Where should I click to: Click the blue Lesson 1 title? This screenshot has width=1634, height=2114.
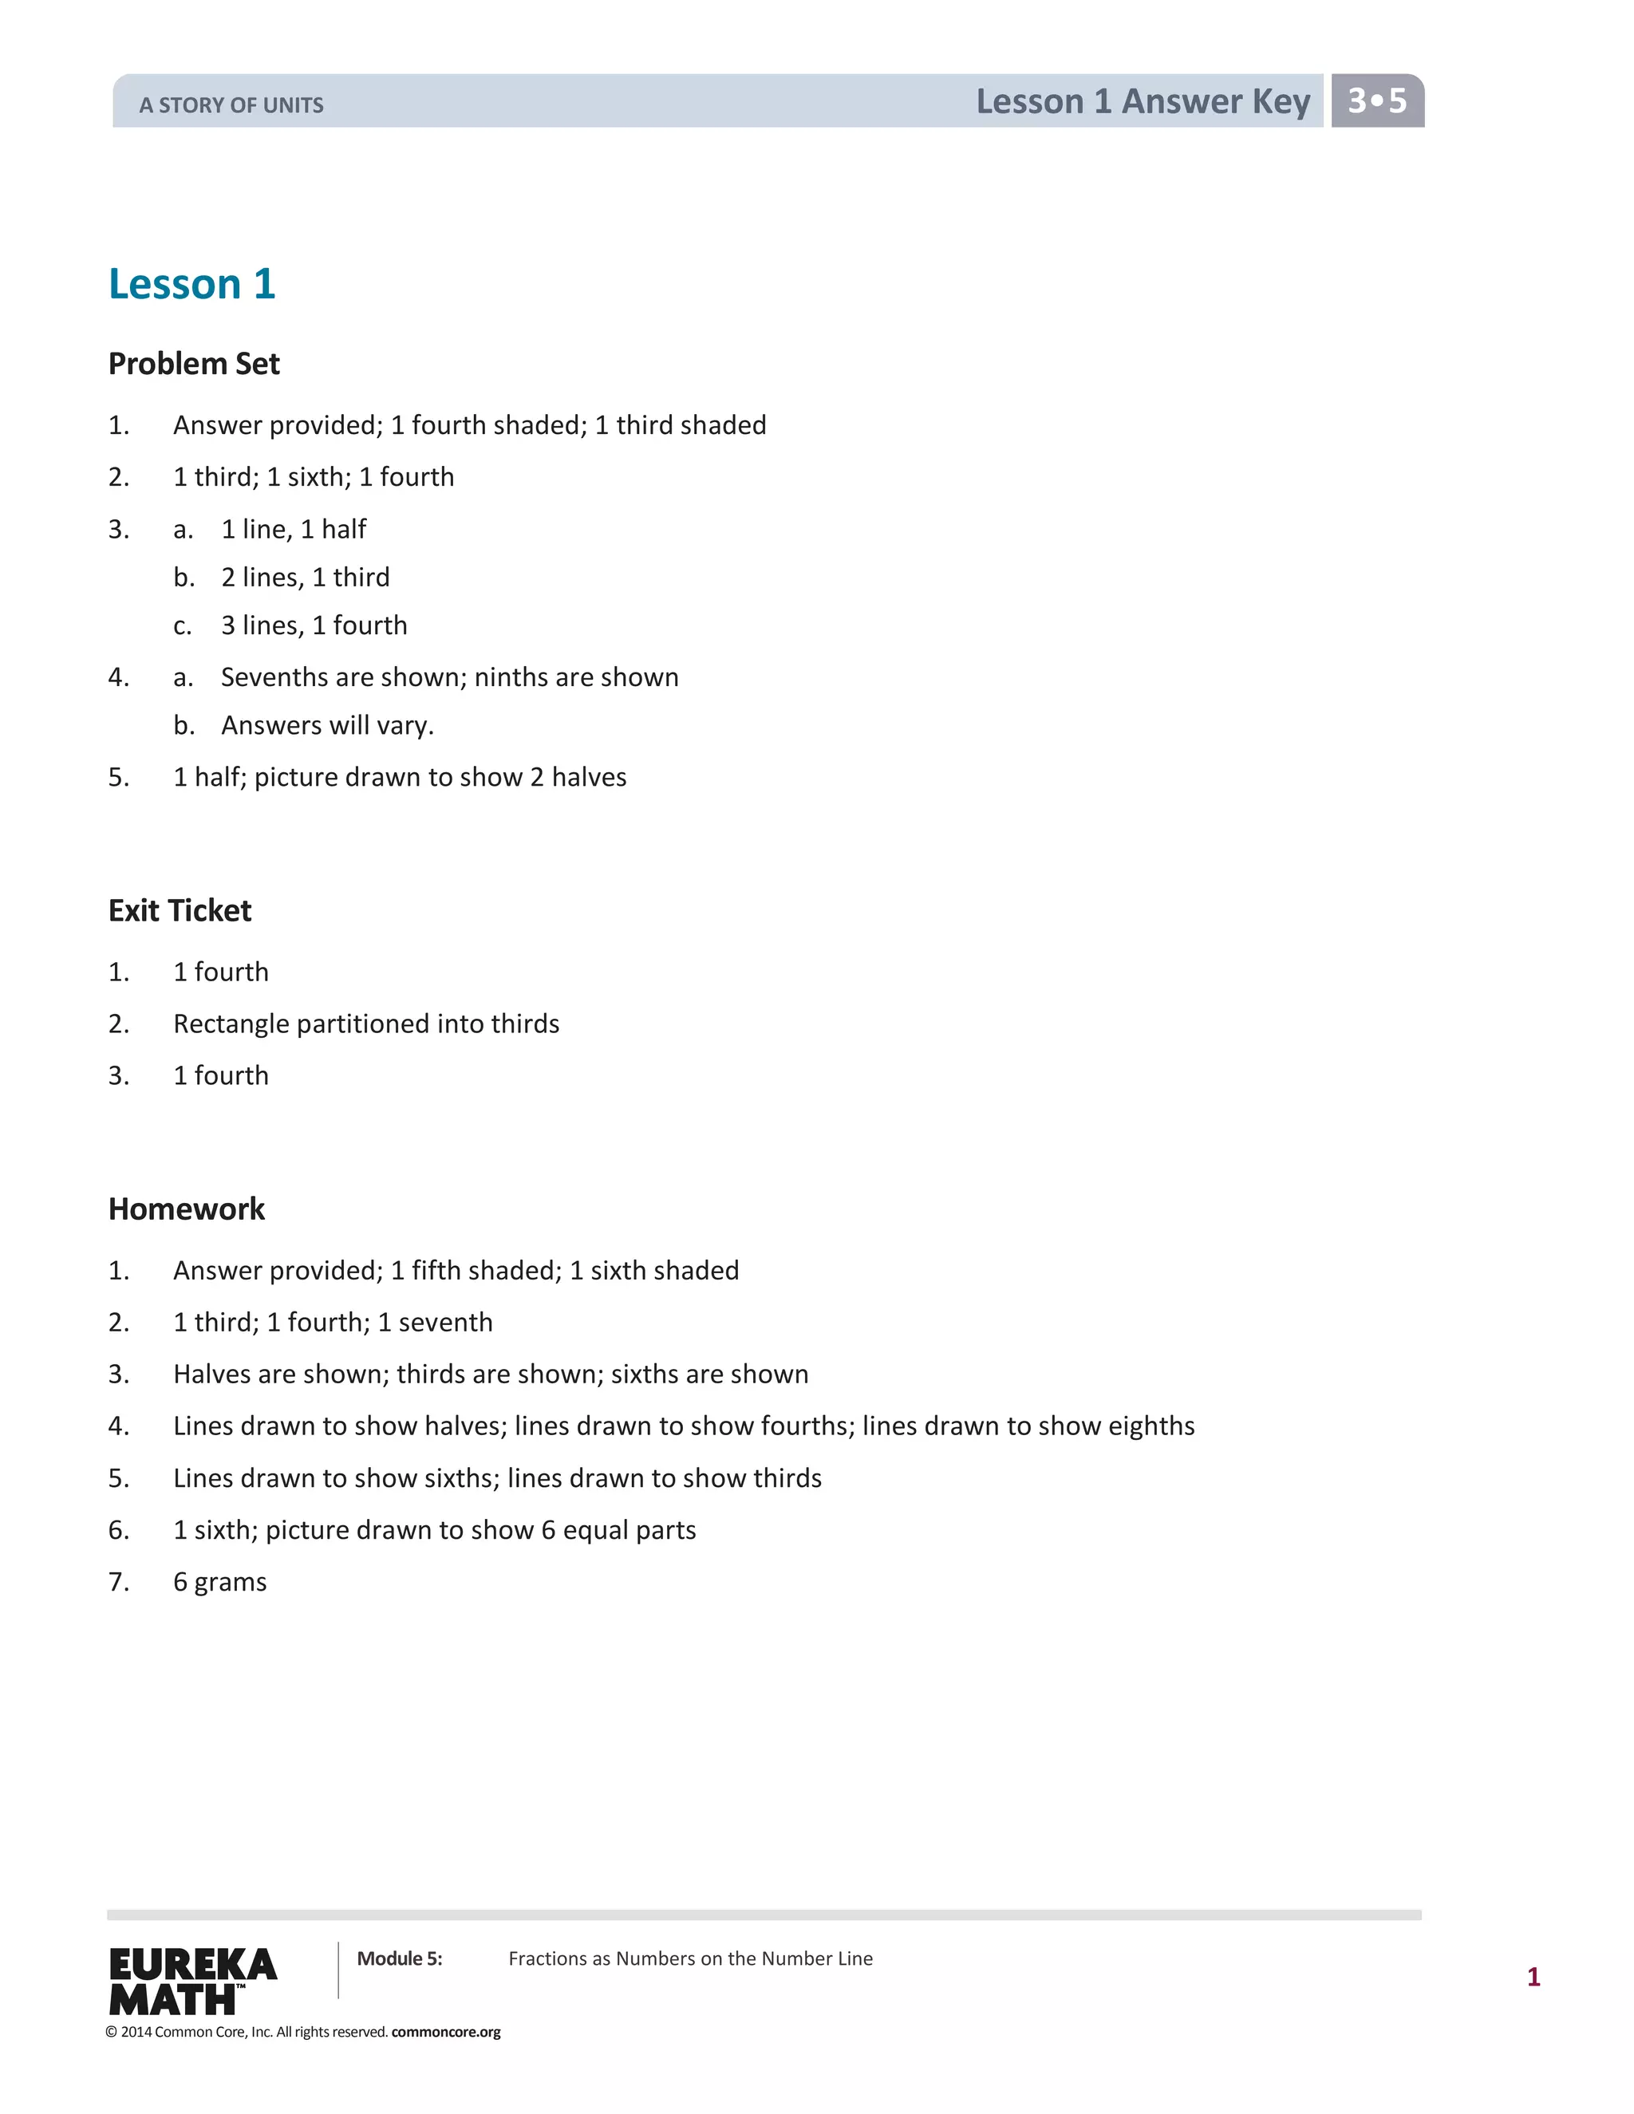(x=191, y=284)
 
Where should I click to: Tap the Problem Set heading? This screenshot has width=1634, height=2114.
(x=194, y=364)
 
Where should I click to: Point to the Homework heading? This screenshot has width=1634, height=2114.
(x=186, y=1209)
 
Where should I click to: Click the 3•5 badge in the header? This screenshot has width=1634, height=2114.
(x=1376, y=101)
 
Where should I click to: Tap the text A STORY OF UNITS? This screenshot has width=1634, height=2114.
(x=231, y=105)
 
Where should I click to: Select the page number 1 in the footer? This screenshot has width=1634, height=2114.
(x=1533, y=1977)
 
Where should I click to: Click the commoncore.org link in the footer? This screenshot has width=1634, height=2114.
(x=445, y=2032)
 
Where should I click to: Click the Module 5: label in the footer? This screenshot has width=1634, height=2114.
(x=399, y=1959)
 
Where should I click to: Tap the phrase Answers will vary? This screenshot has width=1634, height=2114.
(x=327, y=726)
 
